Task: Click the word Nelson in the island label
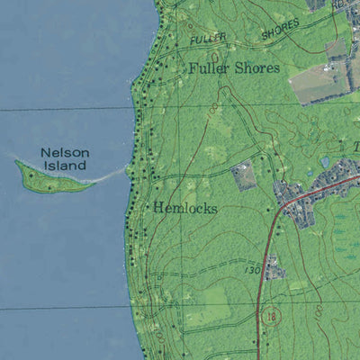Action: point(64,152)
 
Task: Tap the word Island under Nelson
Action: point(66,166)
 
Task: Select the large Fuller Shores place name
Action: point(234,68)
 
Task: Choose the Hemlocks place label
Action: point(184,208)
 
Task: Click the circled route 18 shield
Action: point(271,316)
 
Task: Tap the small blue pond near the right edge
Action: point(325,162)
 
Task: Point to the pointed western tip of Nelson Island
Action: point(17,163)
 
